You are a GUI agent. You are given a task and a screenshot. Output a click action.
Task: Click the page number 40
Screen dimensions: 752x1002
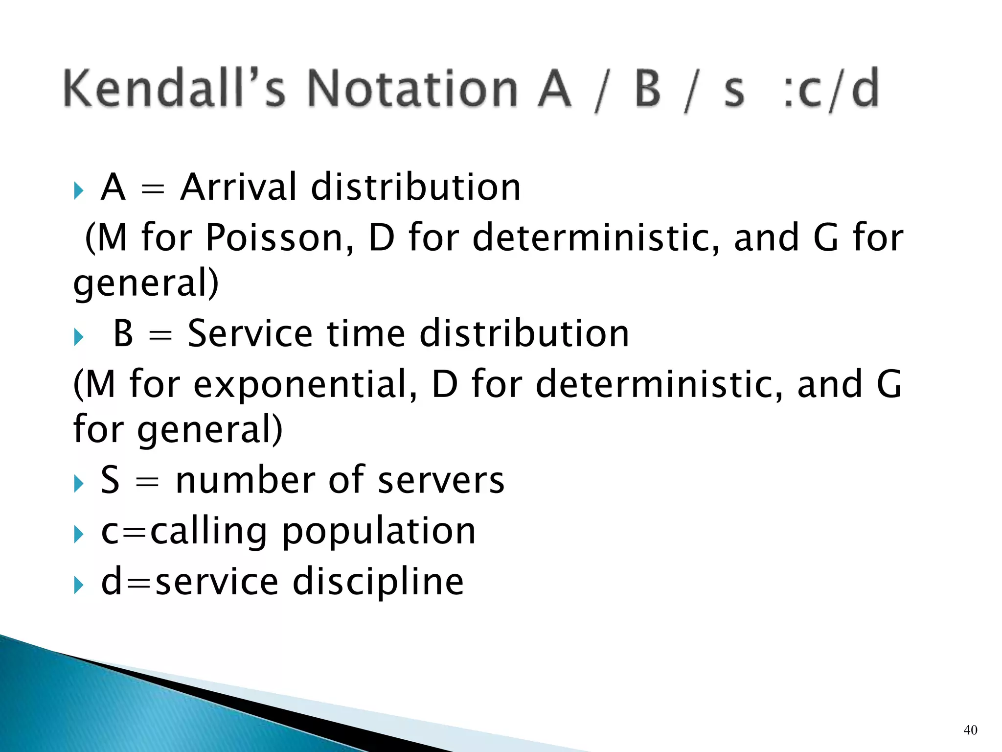(970, 730)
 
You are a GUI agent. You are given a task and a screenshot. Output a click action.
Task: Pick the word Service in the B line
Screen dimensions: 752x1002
(250, 333)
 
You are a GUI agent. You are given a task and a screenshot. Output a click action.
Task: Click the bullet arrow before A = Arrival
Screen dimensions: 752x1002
(78, 190)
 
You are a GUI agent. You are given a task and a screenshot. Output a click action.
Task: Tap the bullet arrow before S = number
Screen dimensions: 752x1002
(78, 484)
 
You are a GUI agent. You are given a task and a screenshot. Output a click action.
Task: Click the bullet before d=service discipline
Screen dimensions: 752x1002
(78, 585)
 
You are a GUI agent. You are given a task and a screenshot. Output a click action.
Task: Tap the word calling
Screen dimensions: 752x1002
(208, 532)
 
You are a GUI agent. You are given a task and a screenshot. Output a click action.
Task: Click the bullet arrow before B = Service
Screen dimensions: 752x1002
(78, 337)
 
